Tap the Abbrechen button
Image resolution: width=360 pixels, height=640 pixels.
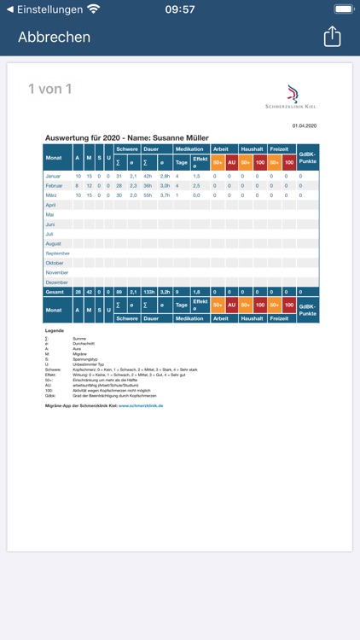point(55,37)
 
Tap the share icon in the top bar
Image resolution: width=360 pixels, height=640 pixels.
point(332,37)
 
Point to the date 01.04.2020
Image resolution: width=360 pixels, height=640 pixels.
point(304,125)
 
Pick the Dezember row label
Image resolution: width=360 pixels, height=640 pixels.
point(58,282)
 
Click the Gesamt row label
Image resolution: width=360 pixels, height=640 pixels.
point(56,292)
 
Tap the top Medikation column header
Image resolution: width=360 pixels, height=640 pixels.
point(189,149)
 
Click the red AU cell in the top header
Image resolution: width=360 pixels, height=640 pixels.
point(231,162)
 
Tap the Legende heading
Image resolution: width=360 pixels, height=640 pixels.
point(54,330)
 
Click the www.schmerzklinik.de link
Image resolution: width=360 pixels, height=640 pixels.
point(141,405)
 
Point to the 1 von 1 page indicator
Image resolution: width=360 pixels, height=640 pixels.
point(50,89)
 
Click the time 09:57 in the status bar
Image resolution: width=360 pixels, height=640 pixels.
point(180,9)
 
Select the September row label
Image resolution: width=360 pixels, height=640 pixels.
point(58,253)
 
